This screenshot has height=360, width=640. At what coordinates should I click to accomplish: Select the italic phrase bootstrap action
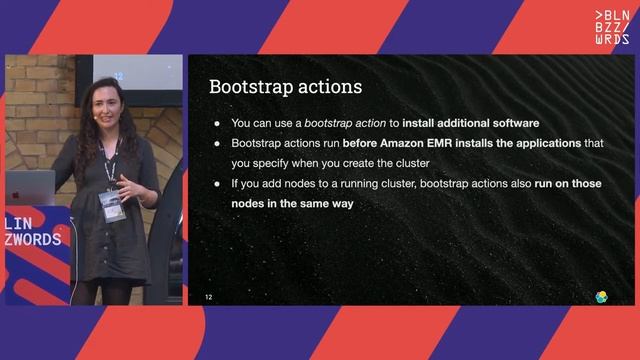(351, 123)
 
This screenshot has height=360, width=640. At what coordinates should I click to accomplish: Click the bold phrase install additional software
(471, 123)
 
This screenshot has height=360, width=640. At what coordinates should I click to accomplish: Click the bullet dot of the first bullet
(218, 123)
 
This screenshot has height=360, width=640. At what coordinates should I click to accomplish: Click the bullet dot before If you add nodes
(218, 184)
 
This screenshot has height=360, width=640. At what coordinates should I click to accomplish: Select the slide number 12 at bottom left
(209, 297)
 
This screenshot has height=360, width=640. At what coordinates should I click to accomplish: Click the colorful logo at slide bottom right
(602, 297)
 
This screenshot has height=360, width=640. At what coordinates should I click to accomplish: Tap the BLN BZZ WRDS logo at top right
(612, 27)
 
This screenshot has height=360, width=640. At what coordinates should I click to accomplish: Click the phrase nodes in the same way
(292, 204)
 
